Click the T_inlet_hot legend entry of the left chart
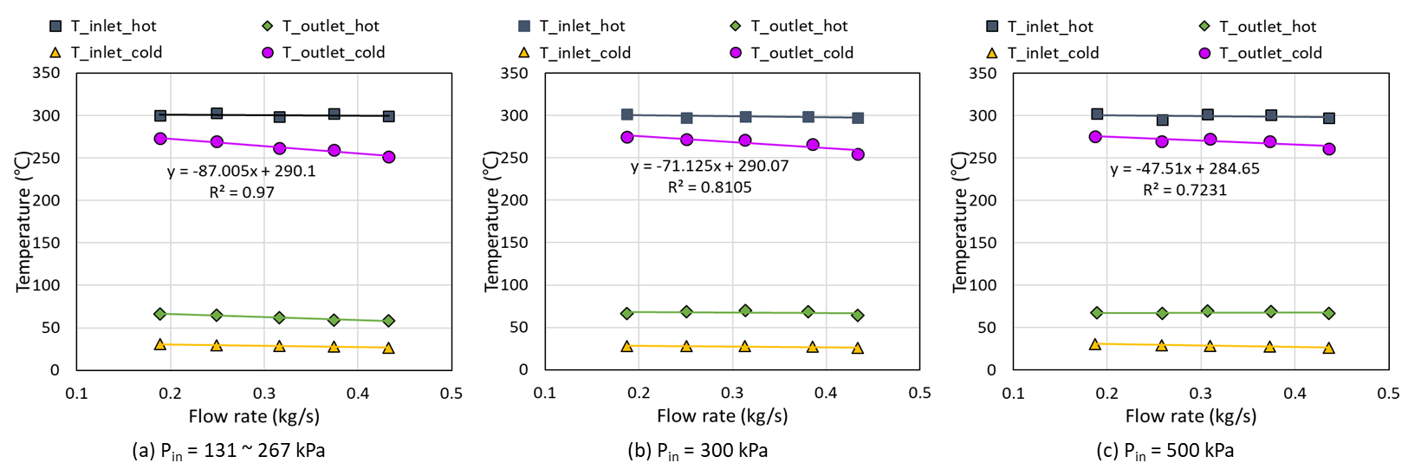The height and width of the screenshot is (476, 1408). pyautogui.click(x=104, y=26)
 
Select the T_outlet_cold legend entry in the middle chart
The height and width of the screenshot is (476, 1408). pyautogui.click(x=792, y=53)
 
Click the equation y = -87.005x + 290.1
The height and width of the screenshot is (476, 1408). pyautogui.click(x=242, y=172)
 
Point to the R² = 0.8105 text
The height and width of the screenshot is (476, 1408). pyautogui.click(x=710, y=186)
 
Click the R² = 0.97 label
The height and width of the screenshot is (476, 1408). pyautogui.click(x=242, y=192)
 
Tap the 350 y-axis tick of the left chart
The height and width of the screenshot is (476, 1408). pyautogui.click(x=46, y=73)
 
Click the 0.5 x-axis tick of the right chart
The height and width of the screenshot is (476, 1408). pyautogui.click(x=1388, y=394)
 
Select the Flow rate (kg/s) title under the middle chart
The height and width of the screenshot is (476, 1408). pyautogui.click(x=723, y=416)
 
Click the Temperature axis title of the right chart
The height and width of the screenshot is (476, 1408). pyautogui.click(x=960, y=221)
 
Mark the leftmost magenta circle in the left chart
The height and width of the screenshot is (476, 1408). pyautogui.click(x=160, y=139)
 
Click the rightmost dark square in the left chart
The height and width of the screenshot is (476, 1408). pyautogui.click(x=389, y=116)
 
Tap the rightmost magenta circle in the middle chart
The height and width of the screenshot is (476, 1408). pyautogui.click(x=858, y=154)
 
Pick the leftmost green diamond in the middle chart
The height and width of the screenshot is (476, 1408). pyautogui.click(x=627, y=313)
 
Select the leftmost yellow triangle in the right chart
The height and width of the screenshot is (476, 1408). pyautogui.click(x=1095, y=344)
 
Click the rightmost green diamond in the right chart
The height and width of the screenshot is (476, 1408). pyautogui.click(x=1329, y=313)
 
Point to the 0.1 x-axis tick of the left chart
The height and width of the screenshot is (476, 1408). pyautogui.click(x=77, y=394)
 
